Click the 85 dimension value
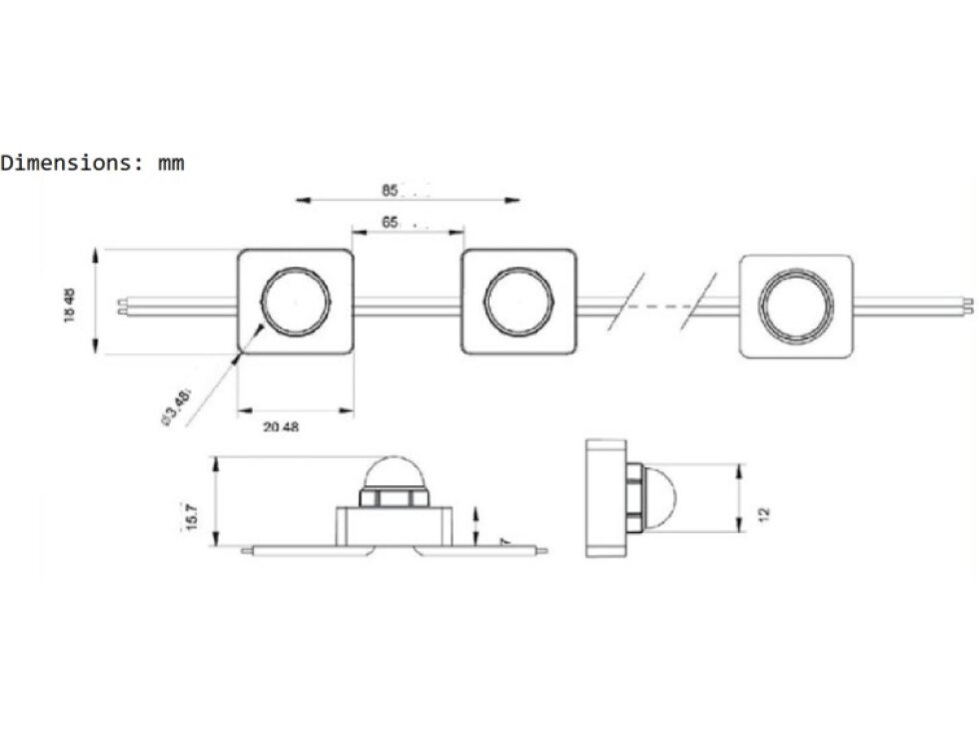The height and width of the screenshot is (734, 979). (389, 189)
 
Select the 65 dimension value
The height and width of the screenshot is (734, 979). (390, 223)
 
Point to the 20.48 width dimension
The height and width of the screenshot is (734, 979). (281, 426)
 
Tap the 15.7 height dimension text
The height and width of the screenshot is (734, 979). (192, 515)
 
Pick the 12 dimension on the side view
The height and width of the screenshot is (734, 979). (764, 513)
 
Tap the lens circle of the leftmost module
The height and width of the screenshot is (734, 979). (296, 302)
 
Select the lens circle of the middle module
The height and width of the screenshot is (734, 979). (518, 302)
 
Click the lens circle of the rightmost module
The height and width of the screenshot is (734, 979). (796, 306)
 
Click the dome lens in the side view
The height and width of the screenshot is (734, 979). (662, 497)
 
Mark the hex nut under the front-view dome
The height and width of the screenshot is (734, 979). (394, 495)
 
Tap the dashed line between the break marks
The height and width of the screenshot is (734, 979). (663, 304)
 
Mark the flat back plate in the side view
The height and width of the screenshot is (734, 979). (605, 498)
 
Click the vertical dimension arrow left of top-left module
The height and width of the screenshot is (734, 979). (96, 300)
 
